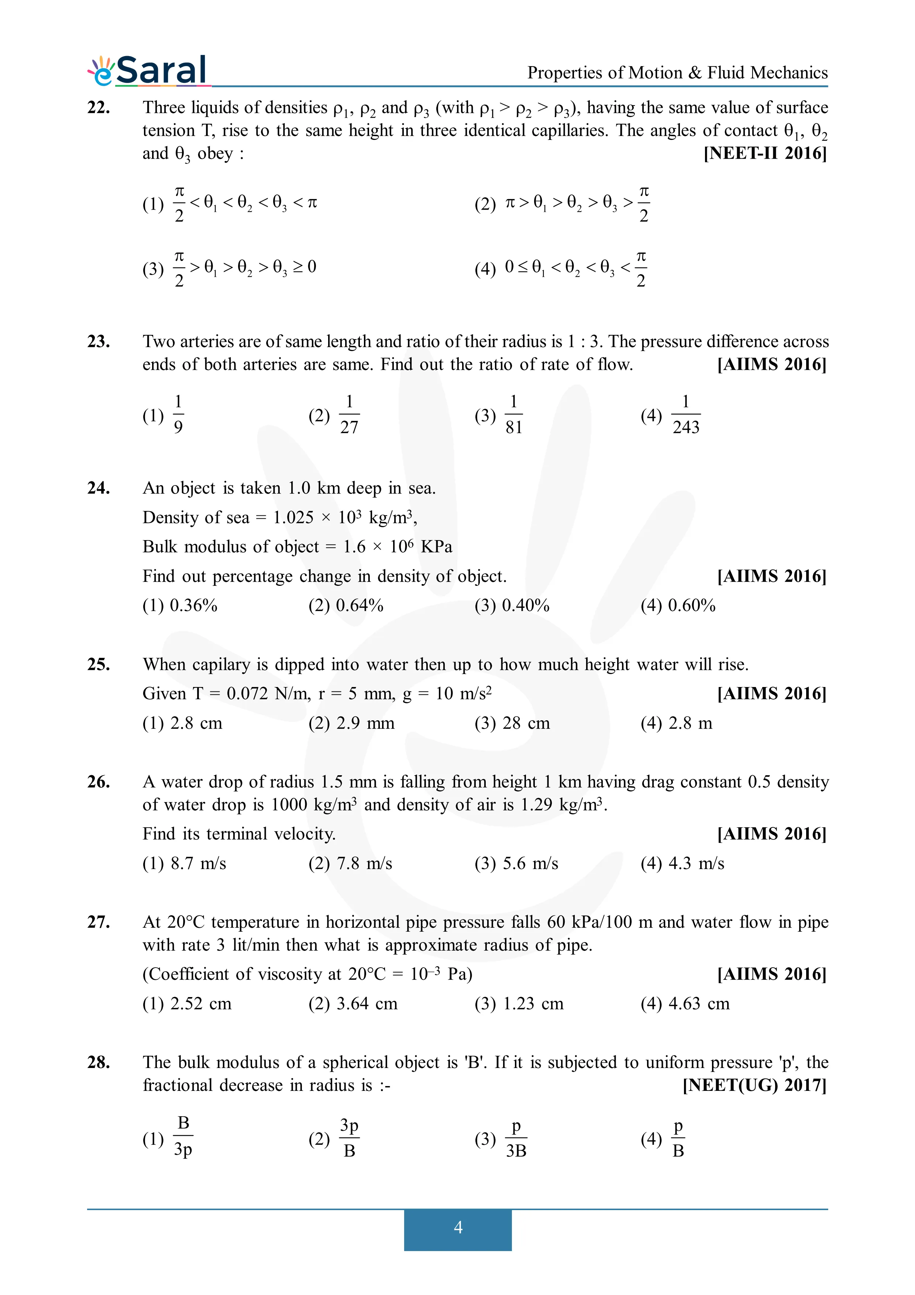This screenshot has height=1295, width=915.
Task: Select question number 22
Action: [99, 107]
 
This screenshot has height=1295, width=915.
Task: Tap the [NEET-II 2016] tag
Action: [765, 154]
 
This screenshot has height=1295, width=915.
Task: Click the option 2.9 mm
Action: [365, 723]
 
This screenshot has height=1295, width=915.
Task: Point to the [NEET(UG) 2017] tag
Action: [754, 1085]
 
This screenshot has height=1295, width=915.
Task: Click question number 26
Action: [99, 782]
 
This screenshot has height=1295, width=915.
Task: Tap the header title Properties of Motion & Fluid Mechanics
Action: [677, 73]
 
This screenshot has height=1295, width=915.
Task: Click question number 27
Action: [99, 922]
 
